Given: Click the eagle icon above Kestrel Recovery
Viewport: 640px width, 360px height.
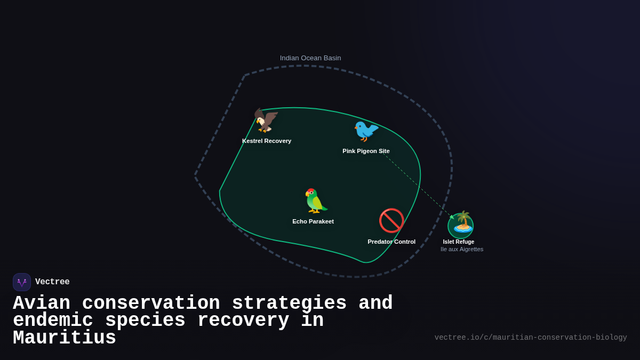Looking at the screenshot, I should point(266,121).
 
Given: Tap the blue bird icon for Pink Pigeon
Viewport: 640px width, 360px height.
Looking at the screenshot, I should point(366,131).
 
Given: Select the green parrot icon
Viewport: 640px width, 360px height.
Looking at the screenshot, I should point(316,201).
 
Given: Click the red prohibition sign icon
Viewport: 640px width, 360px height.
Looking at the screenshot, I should point(391,221).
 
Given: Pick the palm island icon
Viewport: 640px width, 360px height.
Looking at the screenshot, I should point(461,223).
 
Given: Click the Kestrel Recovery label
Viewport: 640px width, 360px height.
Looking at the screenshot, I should point(267,141).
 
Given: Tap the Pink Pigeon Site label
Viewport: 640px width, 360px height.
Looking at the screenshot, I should point(366,151).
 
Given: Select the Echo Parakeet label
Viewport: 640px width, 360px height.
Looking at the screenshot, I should point(313,221).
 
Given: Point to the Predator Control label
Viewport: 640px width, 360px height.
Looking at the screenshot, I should point(391,242).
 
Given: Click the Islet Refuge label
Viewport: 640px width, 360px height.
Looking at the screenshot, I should point(459,242).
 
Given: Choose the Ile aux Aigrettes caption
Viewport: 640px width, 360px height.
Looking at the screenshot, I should point(462,249).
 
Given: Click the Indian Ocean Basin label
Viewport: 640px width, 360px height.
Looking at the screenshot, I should point(310,58).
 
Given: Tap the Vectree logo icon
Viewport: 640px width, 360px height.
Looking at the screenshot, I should point(22,282).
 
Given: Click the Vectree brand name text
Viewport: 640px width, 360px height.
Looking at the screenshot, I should point(52,282).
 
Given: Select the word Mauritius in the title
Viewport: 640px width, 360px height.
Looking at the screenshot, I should point(65,338).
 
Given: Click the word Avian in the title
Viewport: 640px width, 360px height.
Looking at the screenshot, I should point(42,303).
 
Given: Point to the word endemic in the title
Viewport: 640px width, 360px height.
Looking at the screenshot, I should point(53,321).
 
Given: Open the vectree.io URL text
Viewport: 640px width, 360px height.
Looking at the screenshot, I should point(531,338).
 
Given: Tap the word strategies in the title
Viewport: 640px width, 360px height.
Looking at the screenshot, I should point(289,303).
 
